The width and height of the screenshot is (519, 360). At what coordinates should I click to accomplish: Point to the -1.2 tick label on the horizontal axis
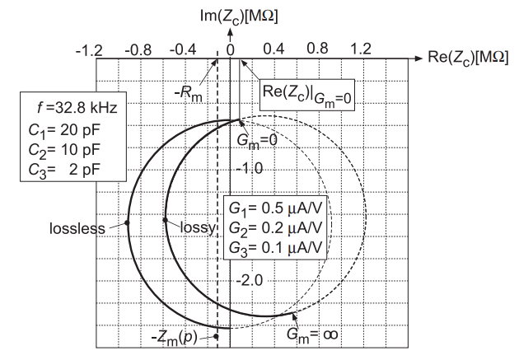(89, 50)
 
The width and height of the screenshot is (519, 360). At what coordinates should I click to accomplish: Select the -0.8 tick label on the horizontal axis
(138, 50)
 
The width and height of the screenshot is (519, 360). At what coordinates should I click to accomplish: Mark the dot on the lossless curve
(127, 222)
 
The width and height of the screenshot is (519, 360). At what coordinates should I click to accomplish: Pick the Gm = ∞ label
(313, 334)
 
